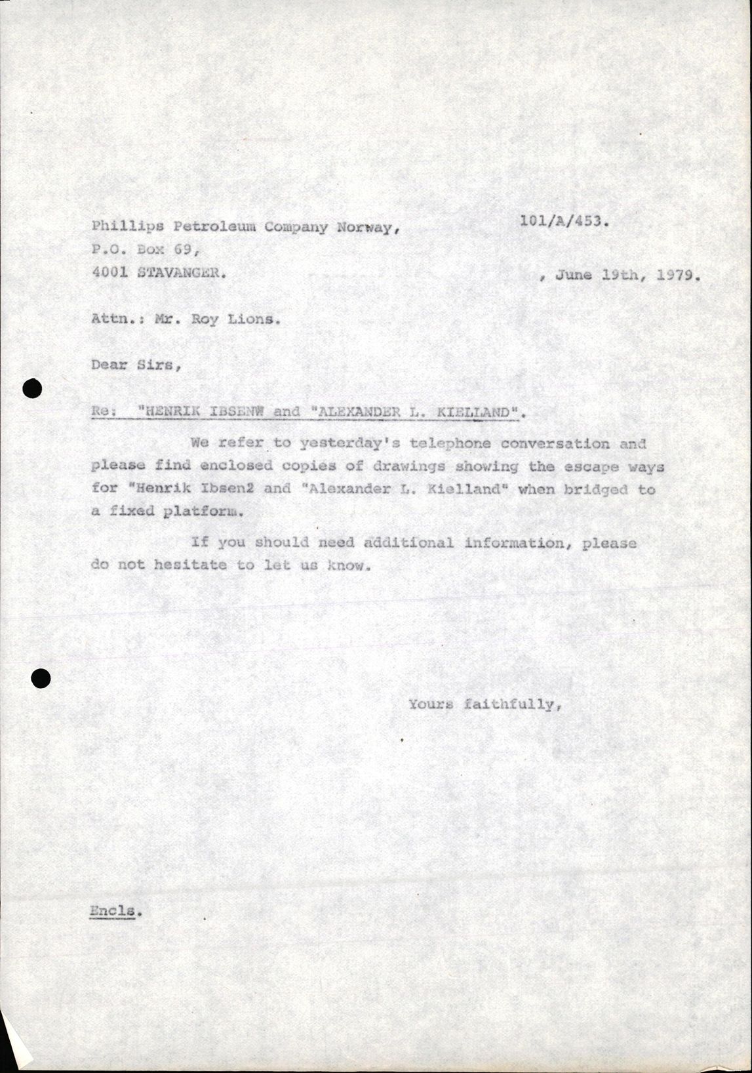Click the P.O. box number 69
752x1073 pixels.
tap(183, 250)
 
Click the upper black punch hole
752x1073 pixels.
tap(32, 389)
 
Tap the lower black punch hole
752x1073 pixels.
tap(41, 678)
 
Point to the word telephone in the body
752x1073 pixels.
tap(450, 443)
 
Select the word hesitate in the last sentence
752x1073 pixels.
tap(191, 565)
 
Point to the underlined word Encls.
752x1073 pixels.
tap(115, 911)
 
